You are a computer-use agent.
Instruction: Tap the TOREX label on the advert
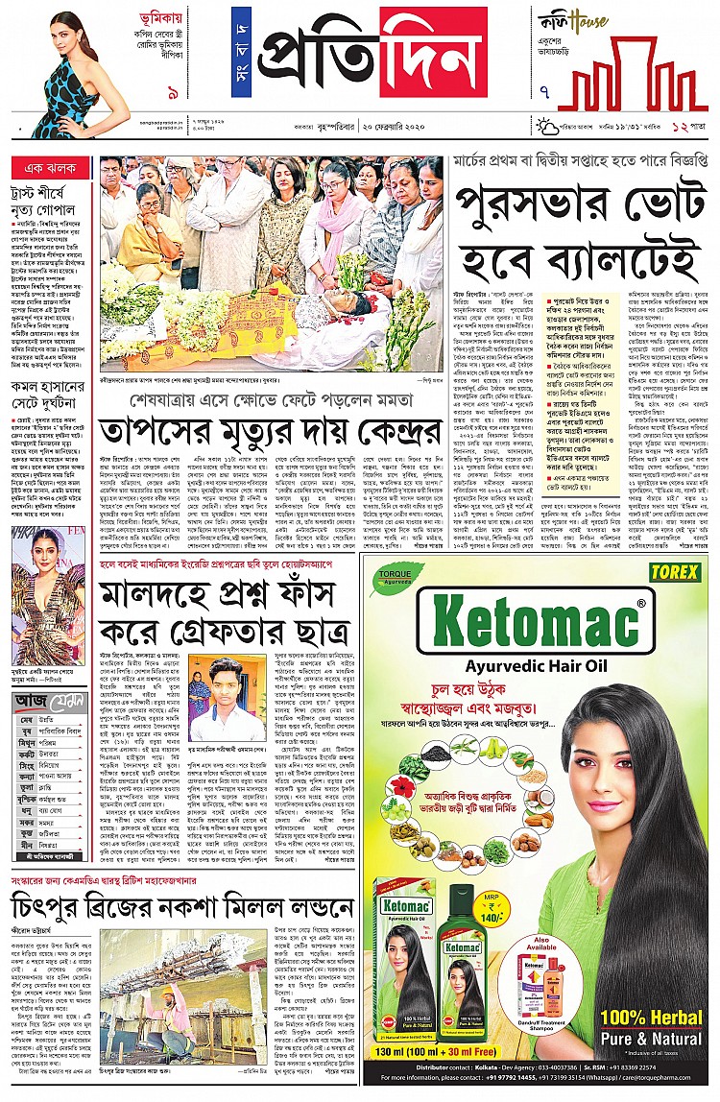[674, 572]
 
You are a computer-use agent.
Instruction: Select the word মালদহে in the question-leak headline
[155, 596]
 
